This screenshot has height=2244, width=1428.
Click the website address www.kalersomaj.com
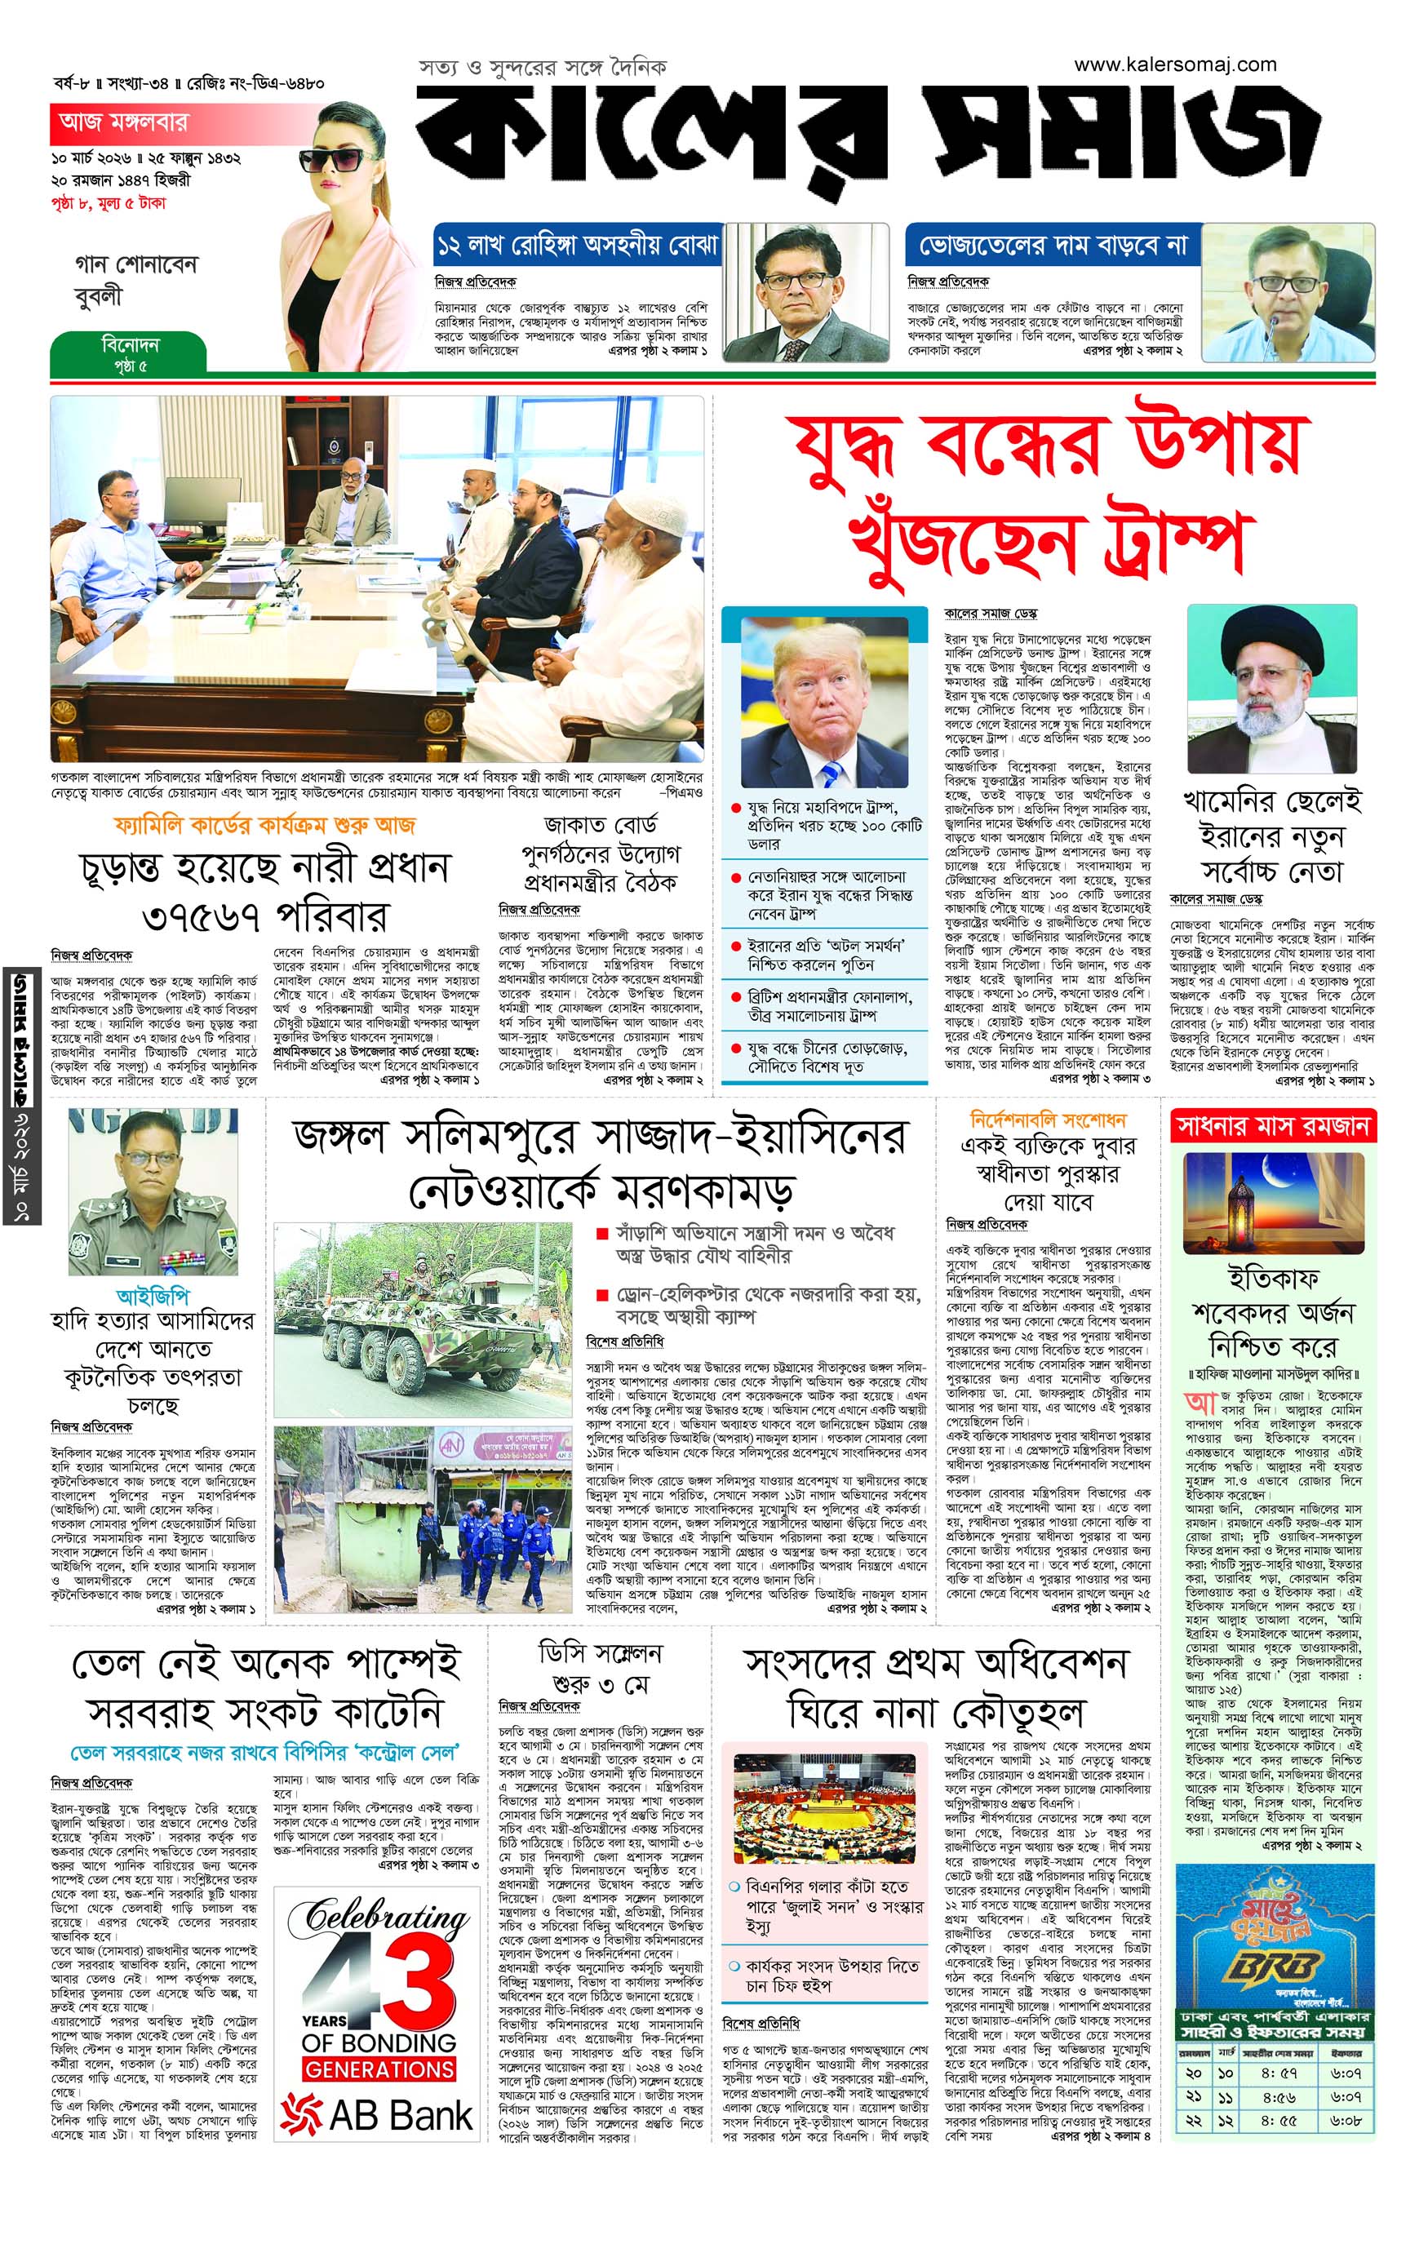point(1174,65)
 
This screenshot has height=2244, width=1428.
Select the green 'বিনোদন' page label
point(130,345)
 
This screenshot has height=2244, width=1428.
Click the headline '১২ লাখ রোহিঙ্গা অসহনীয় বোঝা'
point(578,246)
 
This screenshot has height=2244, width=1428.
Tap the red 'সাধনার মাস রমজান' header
point(1272,1127)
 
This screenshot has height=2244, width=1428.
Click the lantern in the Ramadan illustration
point(1240,1212)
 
